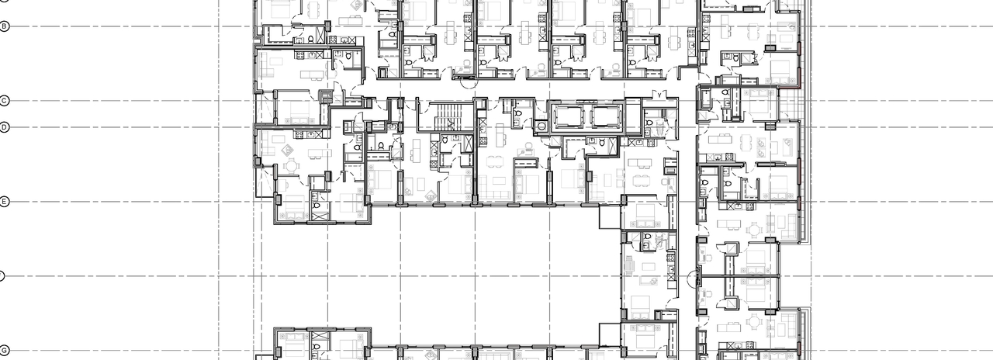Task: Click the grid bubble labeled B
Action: coord(5,26)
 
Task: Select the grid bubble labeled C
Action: coord(5,101)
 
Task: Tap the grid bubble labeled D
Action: coord(5,127)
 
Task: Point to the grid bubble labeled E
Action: coord(5,202)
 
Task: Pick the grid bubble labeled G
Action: coord(5,351)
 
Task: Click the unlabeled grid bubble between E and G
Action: coord(2,276)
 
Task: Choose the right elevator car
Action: coord(605,117)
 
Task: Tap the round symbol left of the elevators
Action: coord(540,125)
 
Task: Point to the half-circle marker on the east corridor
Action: coord(694,277)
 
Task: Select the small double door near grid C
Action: coord(660,96)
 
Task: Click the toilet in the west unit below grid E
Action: coord(316,197)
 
